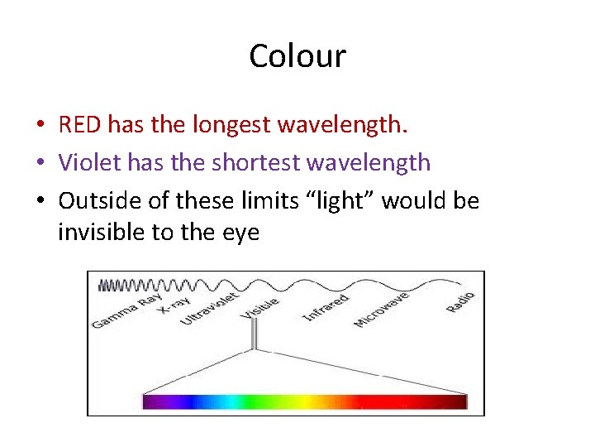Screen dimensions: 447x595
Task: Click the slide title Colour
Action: coord(297,56)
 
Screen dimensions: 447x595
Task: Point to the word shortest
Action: coord(256,161)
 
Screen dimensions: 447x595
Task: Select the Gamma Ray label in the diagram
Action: coord(126,310)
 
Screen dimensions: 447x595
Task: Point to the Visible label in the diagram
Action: coord(259,307)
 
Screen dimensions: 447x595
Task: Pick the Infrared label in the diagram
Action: coord(326,308)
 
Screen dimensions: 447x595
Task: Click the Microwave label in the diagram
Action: coord(381,310)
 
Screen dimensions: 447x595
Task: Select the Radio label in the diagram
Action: coord(460,301)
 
